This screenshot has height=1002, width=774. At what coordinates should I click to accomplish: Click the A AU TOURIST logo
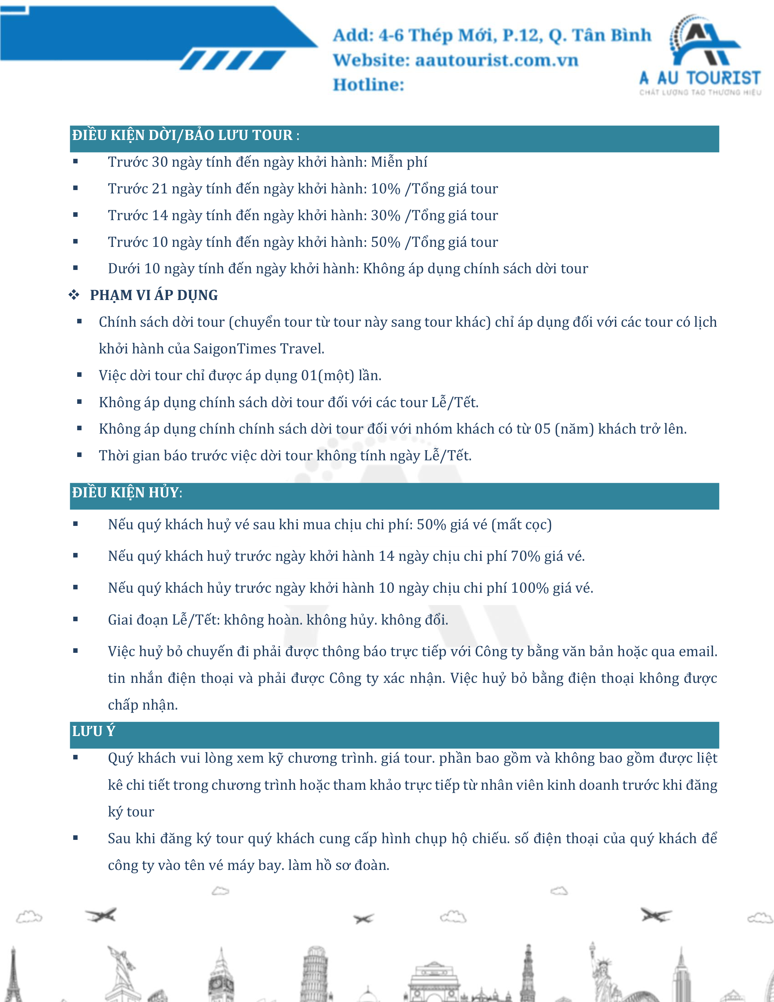coord(700,55)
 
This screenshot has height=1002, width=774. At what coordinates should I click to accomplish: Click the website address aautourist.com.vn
coord(497,60)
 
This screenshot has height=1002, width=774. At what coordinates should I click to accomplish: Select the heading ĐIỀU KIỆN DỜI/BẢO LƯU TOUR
coord(182,135)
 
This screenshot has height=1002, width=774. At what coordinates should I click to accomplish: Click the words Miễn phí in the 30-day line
coord(399,162)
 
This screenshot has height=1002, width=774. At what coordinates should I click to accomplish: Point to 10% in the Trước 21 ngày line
coord(385,189)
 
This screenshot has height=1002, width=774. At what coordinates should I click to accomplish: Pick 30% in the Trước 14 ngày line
coord(385,215)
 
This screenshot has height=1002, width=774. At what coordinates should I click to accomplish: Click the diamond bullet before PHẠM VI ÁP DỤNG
coord(74,295)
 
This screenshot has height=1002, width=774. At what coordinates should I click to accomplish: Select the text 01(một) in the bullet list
coord(328,375)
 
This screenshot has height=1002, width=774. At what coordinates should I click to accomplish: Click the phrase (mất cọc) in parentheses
coord(521,524)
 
